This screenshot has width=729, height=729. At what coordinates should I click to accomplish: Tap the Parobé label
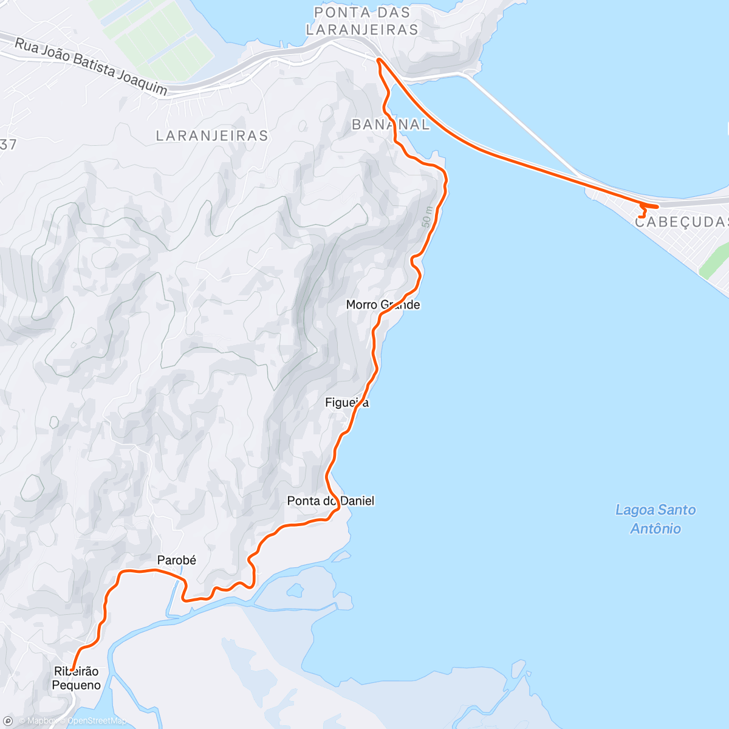coord(176,560)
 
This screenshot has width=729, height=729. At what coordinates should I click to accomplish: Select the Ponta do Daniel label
coord(330,501)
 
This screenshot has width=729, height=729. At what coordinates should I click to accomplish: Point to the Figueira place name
coord(347,402)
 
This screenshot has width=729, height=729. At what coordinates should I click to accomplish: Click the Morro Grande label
coord(383,304)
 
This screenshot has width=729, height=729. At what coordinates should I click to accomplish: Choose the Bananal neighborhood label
coord(391,125)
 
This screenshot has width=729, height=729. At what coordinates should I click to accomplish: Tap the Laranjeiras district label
coord(212,135)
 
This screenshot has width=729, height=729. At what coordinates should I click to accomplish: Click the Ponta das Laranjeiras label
coord(362,21)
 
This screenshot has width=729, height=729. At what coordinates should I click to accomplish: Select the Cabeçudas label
coord(681,222)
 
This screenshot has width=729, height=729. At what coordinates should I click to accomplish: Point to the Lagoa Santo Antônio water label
coord(655,519)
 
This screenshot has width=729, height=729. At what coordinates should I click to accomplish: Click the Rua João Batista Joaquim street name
coord(91,67)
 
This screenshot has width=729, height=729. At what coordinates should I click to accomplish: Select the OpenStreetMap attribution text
coord(97,721)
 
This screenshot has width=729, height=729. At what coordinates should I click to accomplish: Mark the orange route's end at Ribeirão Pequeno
coord(72,669)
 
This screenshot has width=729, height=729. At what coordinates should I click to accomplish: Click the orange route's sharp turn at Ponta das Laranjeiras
coord(378,60)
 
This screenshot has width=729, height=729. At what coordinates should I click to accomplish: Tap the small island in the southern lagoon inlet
coord(295,590)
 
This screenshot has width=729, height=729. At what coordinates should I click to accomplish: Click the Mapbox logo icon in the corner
coord(8,721)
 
